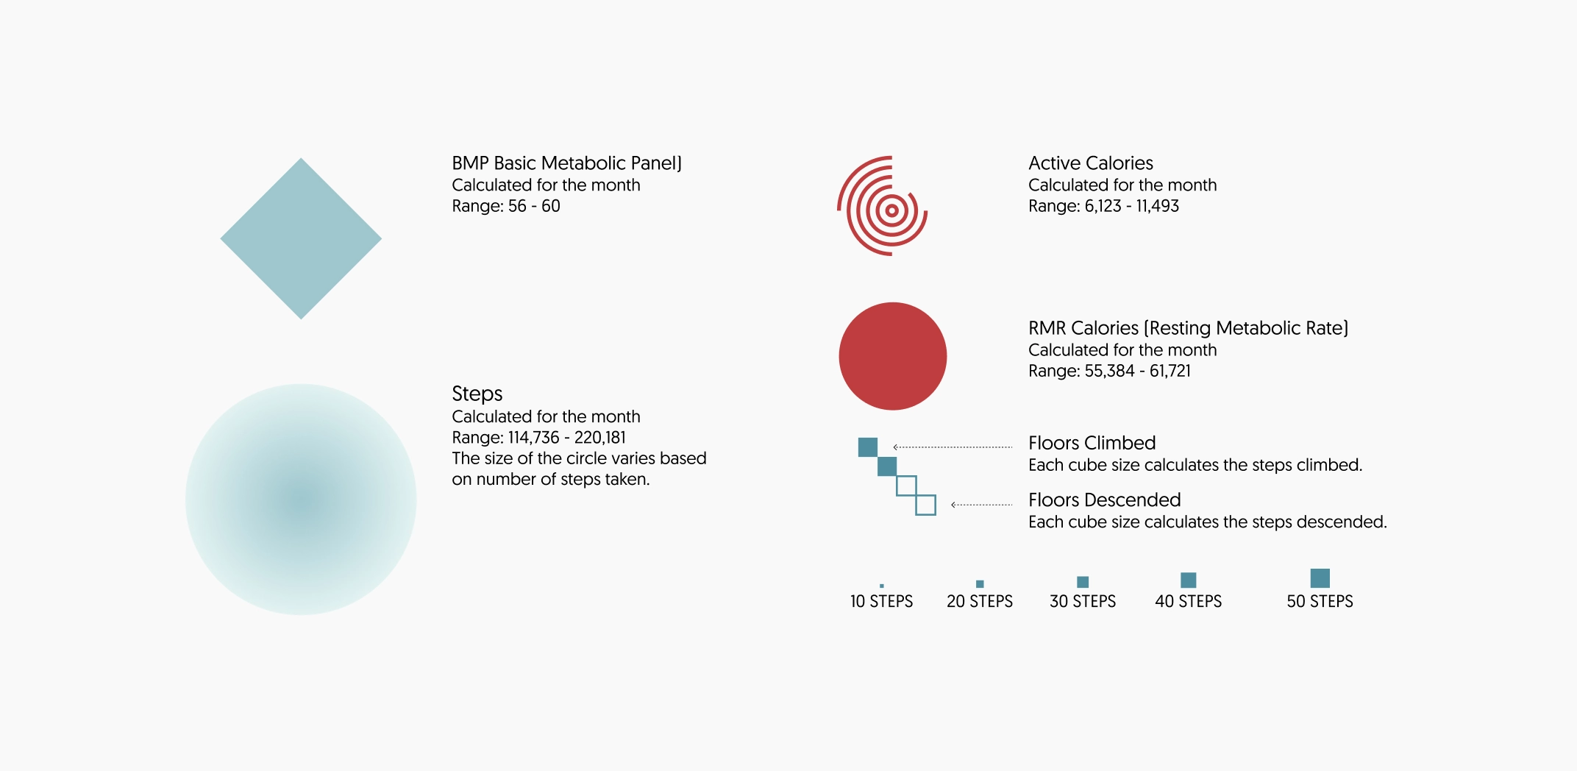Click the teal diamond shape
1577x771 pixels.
click(x=301, y=238)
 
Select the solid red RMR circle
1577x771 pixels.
click(x=893, y=356)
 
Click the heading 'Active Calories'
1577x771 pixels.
click(x=1091, y=163)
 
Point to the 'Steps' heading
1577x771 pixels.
click(x=477, y=394)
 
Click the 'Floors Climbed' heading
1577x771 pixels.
click(x=1092, y=443)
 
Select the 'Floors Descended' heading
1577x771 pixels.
click(x=1105, y=500)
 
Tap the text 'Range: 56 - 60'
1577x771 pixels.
click(x=506, y=206)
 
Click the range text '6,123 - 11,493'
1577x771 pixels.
click(x=1132, y=206)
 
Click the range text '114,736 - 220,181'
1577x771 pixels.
click(x=567, y=438)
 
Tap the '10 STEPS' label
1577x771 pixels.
click(x=881, y=602)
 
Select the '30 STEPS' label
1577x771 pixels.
click(x=1083, y=602)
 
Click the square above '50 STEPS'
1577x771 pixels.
click(x=1320, y=578)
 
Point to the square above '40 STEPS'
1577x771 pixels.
click(x=1189, y=580)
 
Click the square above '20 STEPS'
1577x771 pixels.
click(x=980, y=583)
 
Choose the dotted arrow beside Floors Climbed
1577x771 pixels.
click(x=953, y=447)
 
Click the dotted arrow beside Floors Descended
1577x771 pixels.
click(x=982, y=505)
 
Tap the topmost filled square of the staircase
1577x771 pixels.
click(x=868, y=447)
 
